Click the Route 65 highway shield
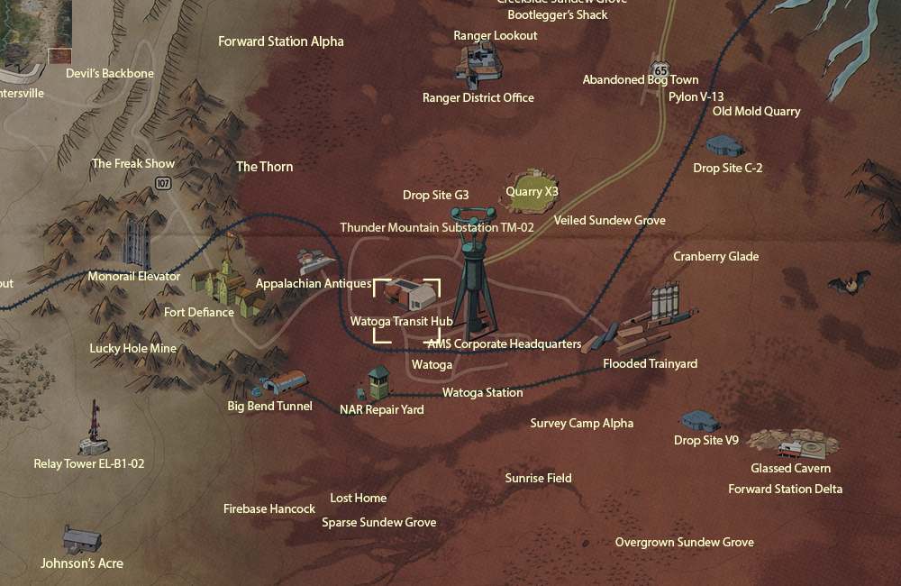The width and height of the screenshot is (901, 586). [x=662, y=69]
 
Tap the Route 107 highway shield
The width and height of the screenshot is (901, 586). [x=163, y=183]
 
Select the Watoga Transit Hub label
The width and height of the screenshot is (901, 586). [x=401, y=322]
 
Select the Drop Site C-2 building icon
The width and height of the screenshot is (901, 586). [x=724, y=146]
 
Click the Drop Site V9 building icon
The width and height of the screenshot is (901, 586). [x=700, y=421]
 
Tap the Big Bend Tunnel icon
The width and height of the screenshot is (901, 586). [x=281, y=384]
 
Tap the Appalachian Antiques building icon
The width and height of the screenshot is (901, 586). [x=315, y=262]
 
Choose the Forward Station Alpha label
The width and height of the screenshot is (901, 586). [x=281, y=41]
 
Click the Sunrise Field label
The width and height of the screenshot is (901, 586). [x=538, y=478]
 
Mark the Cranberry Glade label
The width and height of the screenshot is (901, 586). [x=716, y=256]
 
